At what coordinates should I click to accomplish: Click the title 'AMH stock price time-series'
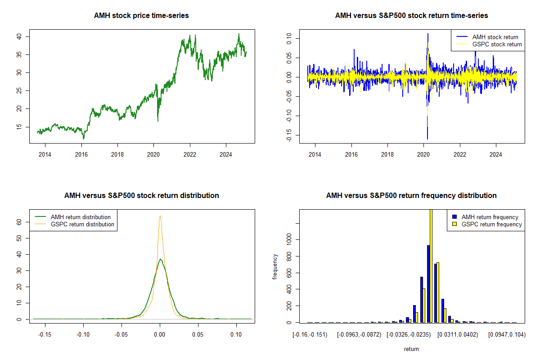click(x=141, y=16)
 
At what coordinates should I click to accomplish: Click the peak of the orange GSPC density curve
click(x=160, y=216)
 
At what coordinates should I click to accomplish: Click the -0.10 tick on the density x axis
click(x=83, y=335)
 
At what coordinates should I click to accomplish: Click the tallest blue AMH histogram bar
click(x=428, y=283)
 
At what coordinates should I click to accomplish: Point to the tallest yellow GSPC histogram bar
click(x=431, y=265)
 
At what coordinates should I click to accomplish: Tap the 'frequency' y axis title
click(x=275, y=266)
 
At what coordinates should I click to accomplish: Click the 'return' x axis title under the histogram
click(x=411, y=349)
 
